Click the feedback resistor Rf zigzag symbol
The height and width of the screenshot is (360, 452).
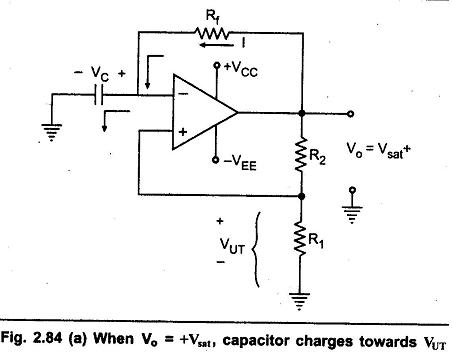pyautogui.click(x=212, y=33)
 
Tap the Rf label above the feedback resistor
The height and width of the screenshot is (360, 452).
pyautogui.click(x=212, y=16)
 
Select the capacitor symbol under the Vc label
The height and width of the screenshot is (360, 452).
pyautogui.click(x=99, y=95)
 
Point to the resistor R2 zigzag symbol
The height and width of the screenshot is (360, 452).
pyautogui.click(x=301, y=154)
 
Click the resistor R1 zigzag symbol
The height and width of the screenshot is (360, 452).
pyautogui.click(x=301, y=238)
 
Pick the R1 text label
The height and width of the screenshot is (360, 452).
pyautogui.click(x=316, y=240)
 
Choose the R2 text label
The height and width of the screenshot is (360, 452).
pyautogui.click(x=317, y=156)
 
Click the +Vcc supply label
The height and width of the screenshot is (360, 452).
pyautogui.click(x=241, y=69)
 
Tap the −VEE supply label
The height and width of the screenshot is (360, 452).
pyautogui.click(x=240, y=163)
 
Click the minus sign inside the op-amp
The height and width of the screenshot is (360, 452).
pyautogui.click(x=183, y=93)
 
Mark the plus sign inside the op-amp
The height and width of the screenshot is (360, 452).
pyautogui.click(x=182, y=132)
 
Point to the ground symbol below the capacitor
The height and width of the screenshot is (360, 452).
pyautogui.click(x=51, y=132)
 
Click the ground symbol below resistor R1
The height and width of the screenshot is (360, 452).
pyautogui.click(x=299, y=301)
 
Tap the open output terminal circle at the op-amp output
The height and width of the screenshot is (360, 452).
pyautogui.click(x=350, y=114)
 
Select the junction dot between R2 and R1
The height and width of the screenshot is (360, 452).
pyautogui.click(x=302, y=196)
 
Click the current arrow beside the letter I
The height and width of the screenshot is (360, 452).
pyautogui.click(x=215, y=45)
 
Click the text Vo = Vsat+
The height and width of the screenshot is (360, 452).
pyautogui.click(x=378, y=150)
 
